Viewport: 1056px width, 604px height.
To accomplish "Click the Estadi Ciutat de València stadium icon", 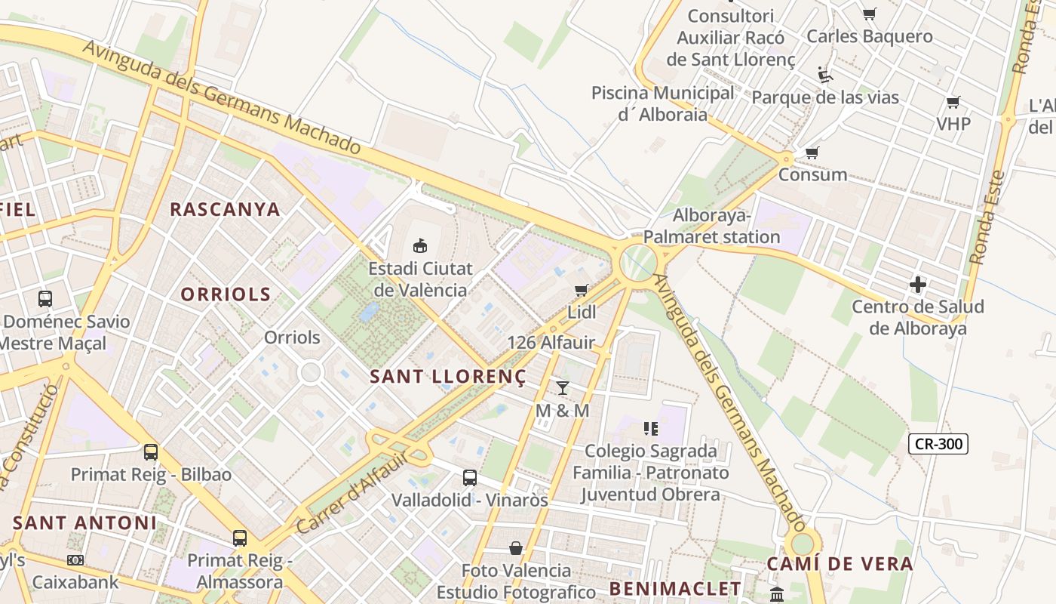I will (419, 245).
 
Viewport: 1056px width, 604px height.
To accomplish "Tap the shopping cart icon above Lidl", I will (581, 290).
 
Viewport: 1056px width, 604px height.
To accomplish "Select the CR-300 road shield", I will (938, 444).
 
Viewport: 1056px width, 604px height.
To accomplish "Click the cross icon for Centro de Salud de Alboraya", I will (917, 285).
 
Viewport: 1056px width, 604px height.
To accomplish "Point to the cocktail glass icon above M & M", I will (562, 388).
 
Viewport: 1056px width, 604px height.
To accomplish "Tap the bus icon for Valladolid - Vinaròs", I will (469, 477).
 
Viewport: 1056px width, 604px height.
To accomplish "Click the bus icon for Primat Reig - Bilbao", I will (151, 452).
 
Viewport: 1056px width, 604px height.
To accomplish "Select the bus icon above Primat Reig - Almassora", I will (239, 538).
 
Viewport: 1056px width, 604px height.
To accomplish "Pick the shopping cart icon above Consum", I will (812, 153).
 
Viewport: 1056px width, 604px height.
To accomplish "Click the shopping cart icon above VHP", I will (953, 102).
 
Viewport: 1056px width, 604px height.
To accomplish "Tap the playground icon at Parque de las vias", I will (825, 75).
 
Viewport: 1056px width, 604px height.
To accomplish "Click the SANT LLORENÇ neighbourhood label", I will (447, 377).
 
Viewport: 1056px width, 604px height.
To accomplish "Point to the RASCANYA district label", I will (225, 209).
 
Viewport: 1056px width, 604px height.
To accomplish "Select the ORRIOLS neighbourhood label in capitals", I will (225, 294).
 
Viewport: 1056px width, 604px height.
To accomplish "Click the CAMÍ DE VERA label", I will (840, 563).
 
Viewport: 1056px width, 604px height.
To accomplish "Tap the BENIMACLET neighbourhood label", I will (675, 588).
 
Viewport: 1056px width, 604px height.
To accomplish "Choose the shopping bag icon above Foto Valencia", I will (515, 547).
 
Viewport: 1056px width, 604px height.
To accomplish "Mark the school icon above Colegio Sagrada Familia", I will (651, 429).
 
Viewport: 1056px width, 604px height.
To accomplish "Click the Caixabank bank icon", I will (75, 560).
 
